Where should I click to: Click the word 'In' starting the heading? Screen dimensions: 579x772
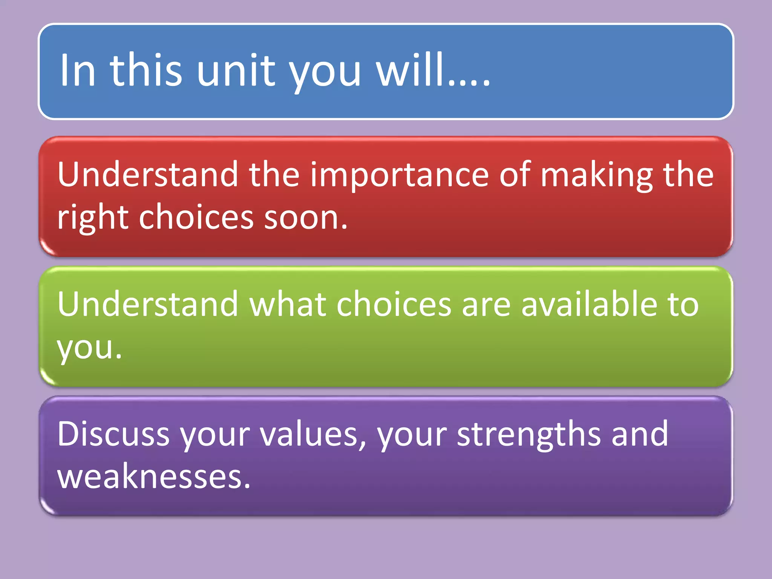pyautogui.click(x=78, y=70)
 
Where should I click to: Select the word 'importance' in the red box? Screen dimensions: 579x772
pyautogui.click(x=400, y=175)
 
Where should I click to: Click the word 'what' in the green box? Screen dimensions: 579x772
pyautogui.click(x=288, y=305)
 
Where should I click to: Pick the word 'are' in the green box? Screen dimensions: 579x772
pyautogui.click(x=486, y=305)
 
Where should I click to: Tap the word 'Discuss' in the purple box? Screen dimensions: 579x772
pyautogui.click(x=113, y=434)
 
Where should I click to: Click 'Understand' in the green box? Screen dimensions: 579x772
pyautogui.click(x=148, y=305)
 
